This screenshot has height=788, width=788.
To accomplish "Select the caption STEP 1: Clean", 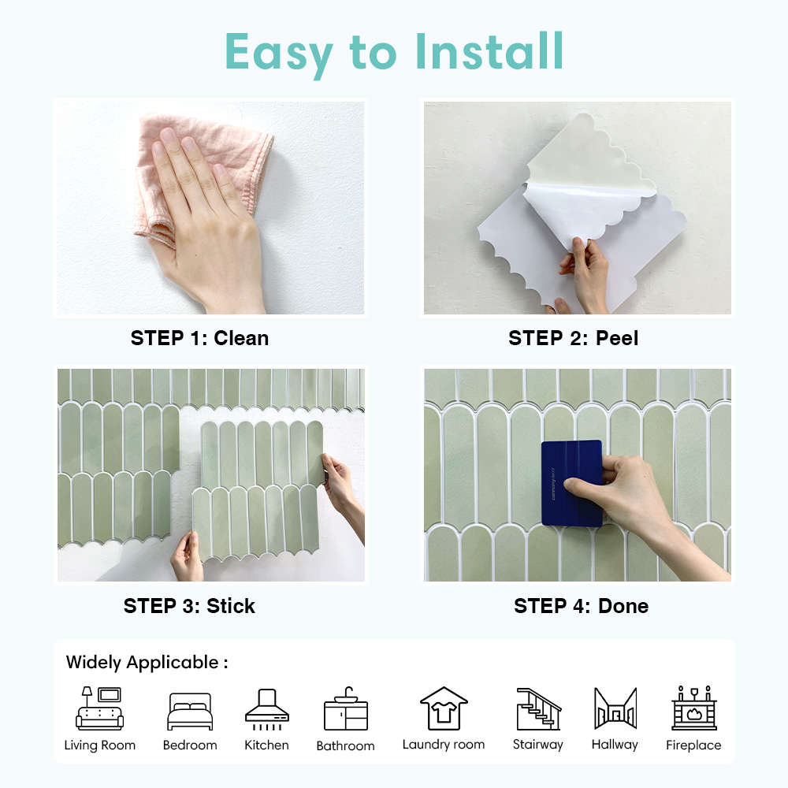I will click(x=199, y=338).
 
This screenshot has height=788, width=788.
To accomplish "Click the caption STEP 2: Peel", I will click(x=573, y=338).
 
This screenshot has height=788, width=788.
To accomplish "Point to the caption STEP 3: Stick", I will click(x=189, y=606).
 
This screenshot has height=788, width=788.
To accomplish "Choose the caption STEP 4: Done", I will click(x=581, y=606).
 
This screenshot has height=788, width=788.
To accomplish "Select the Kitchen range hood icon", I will click(x=266, y=707).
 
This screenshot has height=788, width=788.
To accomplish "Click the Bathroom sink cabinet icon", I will click(x=345, y=709).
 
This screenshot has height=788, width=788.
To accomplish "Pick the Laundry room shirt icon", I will click(x=444, y=708).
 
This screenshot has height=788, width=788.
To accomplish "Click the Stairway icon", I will click(x=539, y=708).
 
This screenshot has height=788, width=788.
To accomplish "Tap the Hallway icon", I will click(x=615, y=708).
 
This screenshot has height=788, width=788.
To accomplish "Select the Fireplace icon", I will click(x=693, y=708).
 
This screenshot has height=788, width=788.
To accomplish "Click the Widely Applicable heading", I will click(x=147, y=662).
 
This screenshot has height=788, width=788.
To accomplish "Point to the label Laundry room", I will click(x=444, y=745).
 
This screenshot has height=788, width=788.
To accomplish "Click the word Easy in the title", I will click(x=280, y=52).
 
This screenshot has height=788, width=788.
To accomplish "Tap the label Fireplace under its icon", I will click(x=693, y=745).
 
